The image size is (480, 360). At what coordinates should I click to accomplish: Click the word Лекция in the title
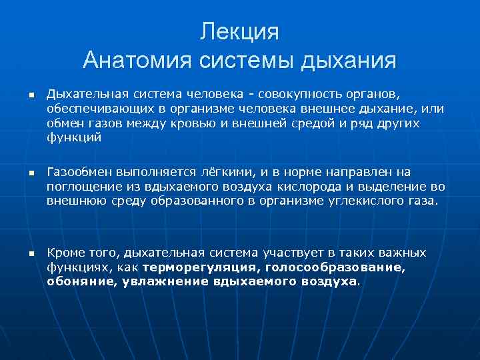tap(239, 32)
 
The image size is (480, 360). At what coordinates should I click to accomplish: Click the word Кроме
tap(65, 253)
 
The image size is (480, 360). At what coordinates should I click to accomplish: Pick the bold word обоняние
tap(73, 281)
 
